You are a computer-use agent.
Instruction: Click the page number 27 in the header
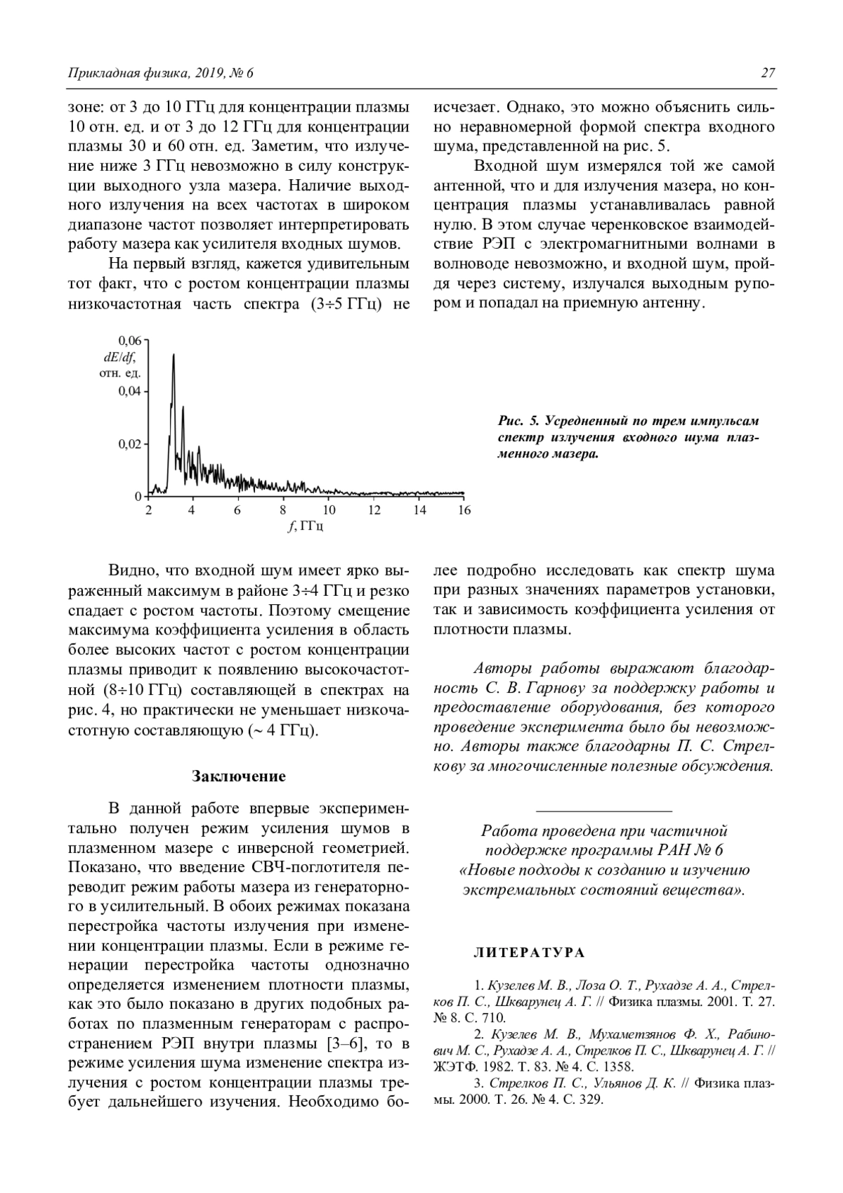767,72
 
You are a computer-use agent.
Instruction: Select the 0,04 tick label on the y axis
130,391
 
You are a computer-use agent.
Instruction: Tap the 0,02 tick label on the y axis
130,444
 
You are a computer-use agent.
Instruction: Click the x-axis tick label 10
329,510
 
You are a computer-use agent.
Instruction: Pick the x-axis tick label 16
464,510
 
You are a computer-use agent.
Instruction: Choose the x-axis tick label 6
238,510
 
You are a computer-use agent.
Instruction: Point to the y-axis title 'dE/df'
119,357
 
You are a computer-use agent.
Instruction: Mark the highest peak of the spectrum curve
174,356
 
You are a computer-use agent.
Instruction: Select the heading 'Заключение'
239,776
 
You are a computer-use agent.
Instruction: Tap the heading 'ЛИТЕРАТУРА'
529,953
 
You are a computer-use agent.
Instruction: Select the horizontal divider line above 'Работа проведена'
603,811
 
